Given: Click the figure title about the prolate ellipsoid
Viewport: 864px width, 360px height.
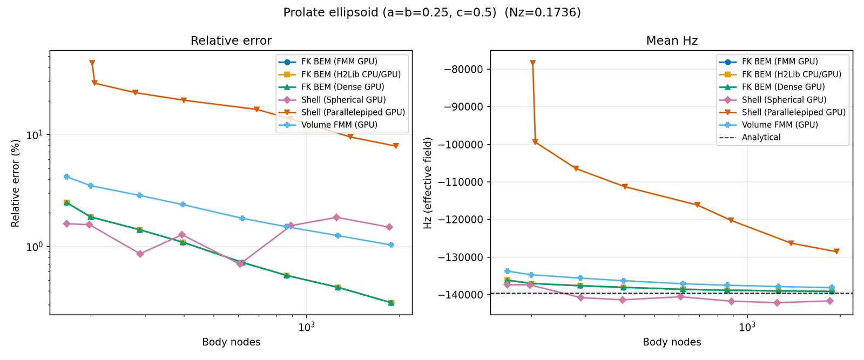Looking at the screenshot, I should [x=432, y=12].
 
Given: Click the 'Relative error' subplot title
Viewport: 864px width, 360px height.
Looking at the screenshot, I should [x=231, y=41].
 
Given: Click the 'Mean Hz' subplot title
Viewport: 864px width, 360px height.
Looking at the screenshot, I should [x=672, y=41].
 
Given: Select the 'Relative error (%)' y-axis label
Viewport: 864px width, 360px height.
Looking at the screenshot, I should [x=16, y=182].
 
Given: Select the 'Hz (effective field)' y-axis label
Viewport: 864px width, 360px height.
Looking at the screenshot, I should [x=428, y=182].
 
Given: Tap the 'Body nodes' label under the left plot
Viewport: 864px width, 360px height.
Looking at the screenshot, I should [x=231, y=342].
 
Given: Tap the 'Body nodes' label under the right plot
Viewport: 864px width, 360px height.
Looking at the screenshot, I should [x=672, y=342].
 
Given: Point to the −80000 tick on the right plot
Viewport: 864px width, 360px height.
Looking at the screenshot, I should [x=463, y=69].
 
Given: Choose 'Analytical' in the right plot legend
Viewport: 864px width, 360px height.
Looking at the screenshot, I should [x=761, y=138].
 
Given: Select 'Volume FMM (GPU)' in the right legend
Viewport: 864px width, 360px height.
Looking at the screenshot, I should [x=780, y=125].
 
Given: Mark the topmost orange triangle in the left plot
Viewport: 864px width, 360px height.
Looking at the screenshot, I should [x=92, y=63].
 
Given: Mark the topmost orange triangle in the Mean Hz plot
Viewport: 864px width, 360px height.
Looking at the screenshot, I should [x=532, y=63].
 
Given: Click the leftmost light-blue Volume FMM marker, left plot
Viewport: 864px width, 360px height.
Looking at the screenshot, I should [x=66, y=176].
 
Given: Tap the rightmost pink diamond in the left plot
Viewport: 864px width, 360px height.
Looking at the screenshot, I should [x=389, y=227].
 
